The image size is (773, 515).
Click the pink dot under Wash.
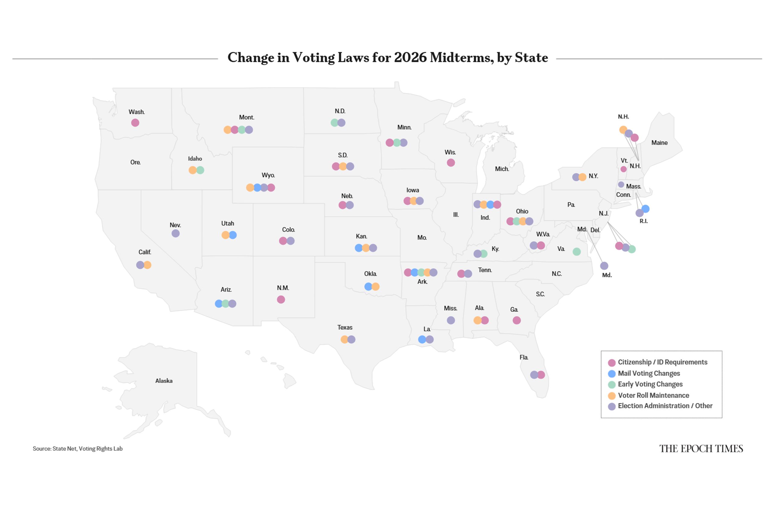[x=135, y=123]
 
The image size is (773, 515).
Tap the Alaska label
[x=164, y=381]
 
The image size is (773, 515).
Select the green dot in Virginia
[x=576, y=252]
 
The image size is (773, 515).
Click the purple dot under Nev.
[x=175, y=234]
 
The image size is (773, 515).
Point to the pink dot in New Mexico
[x=281, y=300]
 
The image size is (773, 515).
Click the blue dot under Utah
[x=233, y=235]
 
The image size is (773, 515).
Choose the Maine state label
[x=659, y=142]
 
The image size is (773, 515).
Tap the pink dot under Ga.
[x=517, y=320]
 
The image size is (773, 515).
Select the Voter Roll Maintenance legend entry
[x=653, y=395]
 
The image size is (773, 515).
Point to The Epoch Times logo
[x=701, y=449]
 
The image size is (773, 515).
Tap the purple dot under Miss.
[x=451, y=320]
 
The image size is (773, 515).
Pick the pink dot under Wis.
[x=451, y=163]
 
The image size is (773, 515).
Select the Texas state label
[x=345, y=327]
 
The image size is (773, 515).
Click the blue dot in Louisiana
[x=422, y=339]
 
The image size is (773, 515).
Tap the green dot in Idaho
[x=200, y=170]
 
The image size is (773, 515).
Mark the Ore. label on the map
[x=135, y=162]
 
